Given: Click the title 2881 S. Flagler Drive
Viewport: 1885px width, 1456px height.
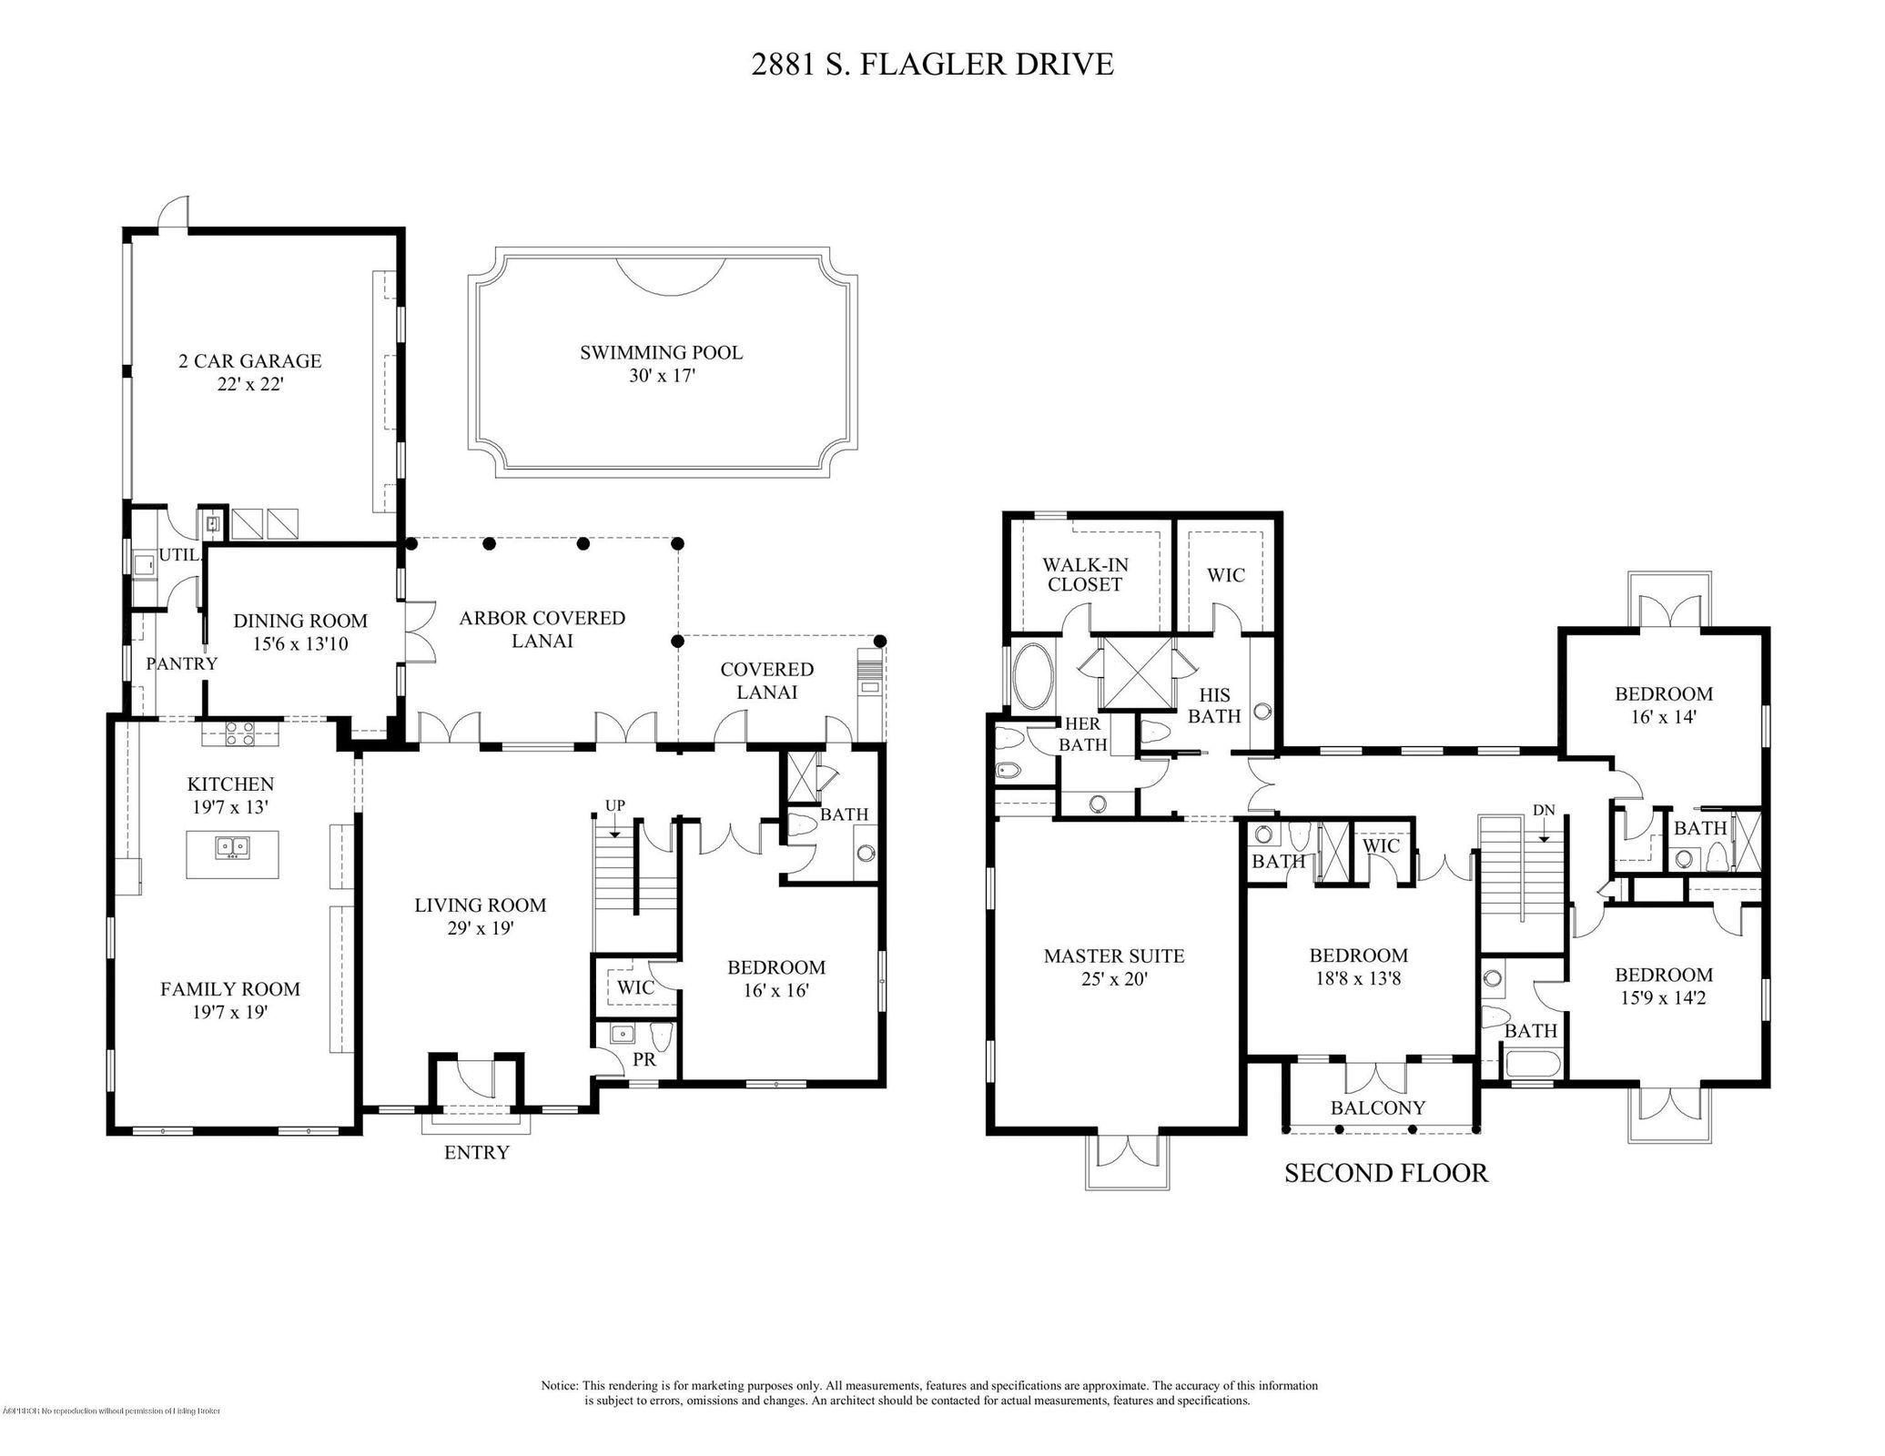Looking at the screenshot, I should (932, 65).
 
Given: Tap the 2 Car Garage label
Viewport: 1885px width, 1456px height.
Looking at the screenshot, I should (249, 361).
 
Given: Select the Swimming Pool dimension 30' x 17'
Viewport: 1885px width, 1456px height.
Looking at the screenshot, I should (662, 376).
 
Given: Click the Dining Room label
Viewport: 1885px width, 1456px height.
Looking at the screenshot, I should (300, 621).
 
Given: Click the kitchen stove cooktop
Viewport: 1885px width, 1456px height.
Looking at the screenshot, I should (239, 733).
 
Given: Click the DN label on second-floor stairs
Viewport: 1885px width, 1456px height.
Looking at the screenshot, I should (1544, 810).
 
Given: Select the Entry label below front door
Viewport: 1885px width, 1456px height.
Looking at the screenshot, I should (476, 1153).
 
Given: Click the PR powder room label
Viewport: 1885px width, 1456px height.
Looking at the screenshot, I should (644, 1060).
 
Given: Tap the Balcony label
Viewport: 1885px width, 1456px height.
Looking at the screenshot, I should (1378, 1107).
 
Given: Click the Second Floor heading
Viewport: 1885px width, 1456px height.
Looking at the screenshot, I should (1385, 1173).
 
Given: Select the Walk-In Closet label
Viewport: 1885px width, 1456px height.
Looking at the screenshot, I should (1085, 575).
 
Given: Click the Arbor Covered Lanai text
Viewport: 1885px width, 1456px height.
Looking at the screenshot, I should (542, 629).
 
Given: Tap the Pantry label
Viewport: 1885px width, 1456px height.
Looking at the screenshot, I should (182, 663).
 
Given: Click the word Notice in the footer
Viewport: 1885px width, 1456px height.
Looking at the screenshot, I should (560, 1385).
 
